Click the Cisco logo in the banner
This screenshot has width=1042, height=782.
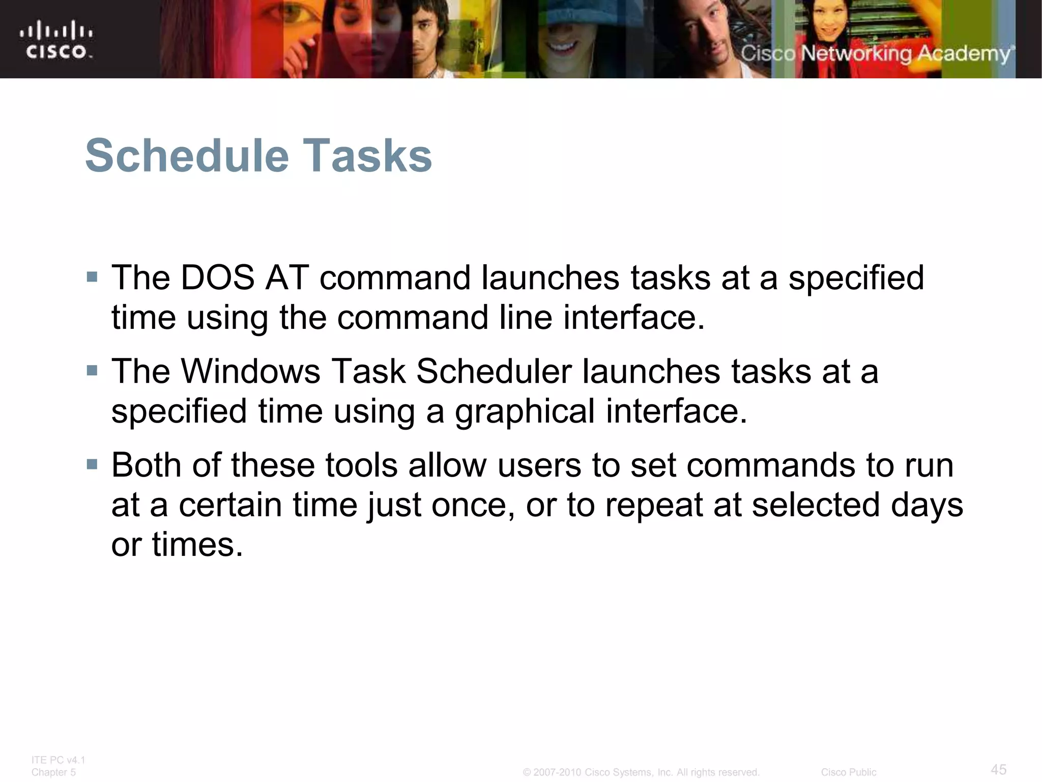pos(56,39)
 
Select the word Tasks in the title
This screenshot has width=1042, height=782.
pos(367,156)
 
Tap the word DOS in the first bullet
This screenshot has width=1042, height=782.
pos(218,278)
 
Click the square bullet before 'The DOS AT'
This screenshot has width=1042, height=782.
pos(92,277)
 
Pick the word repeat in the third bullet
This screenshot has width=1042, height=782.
pos(654,506)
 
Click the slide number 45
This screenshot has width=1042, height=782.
pos(998,769)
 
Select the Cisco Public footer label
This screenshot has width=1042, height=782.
pos(848,772)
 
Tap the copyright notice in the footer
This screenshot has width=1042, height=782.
pos(641,772)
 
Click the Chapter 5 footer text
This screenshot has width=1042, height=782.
pos(53,772)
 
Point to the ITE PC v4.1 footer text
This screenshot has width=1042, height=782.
pos(58,760)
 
